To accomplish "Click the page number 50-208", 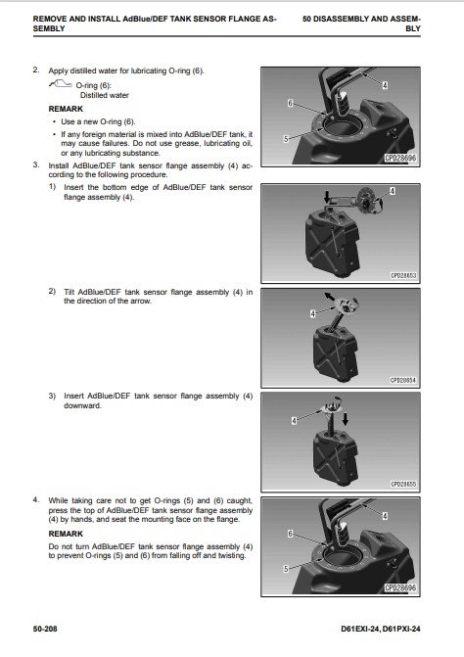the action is [x=45, y=629].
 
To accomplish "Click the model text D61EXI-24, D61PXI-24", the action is [x=381, y=629].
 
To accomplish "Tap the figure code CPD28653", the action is [x=403, y=276].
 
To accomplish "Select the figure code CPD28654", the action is [x=403, y=380].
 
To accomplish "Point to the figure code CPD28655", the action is [x=403, y=484].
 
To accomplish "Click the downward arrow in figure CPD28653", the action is [x=328, y=197].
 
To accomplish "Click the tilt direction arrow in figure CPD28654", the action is [x=330, y=297].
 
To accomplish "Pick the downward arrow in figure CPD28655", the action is [x=346, y=419].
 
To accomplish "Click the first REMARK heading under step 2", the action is [x=66, y=109].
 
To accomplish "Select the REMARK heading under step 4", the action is [x=66, y=534].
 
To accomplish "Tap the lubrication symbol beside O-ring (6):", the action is [x=61, y=84].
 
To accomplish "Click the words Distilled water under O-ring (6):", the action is [x=105, y=95].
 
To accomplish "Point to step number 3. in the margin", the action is [x=36, y=164].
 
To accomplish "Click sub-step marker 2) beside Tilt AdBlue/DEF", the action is [x=52, y=291].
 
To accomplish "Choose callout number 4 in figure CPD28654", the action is [x=312, y=313].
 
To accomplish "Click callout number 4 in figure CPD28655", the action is [x=294, y=420].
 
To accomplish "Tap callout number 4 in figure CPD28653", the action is [x=392, y=191].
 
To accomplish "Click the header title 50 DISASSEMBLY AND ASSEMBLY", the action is [x=361, y=23].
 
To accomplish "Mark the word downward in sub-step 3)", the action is [x=82, y=405].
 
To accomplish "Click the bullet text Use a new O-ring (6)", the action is [x=98, y=121].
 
